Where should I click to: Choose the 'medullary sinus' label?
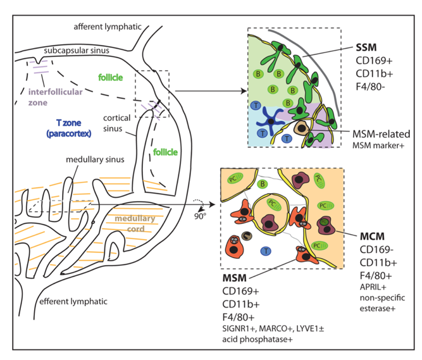point(95,161)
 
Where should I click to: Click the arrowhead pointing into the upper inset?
point(242,92)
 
